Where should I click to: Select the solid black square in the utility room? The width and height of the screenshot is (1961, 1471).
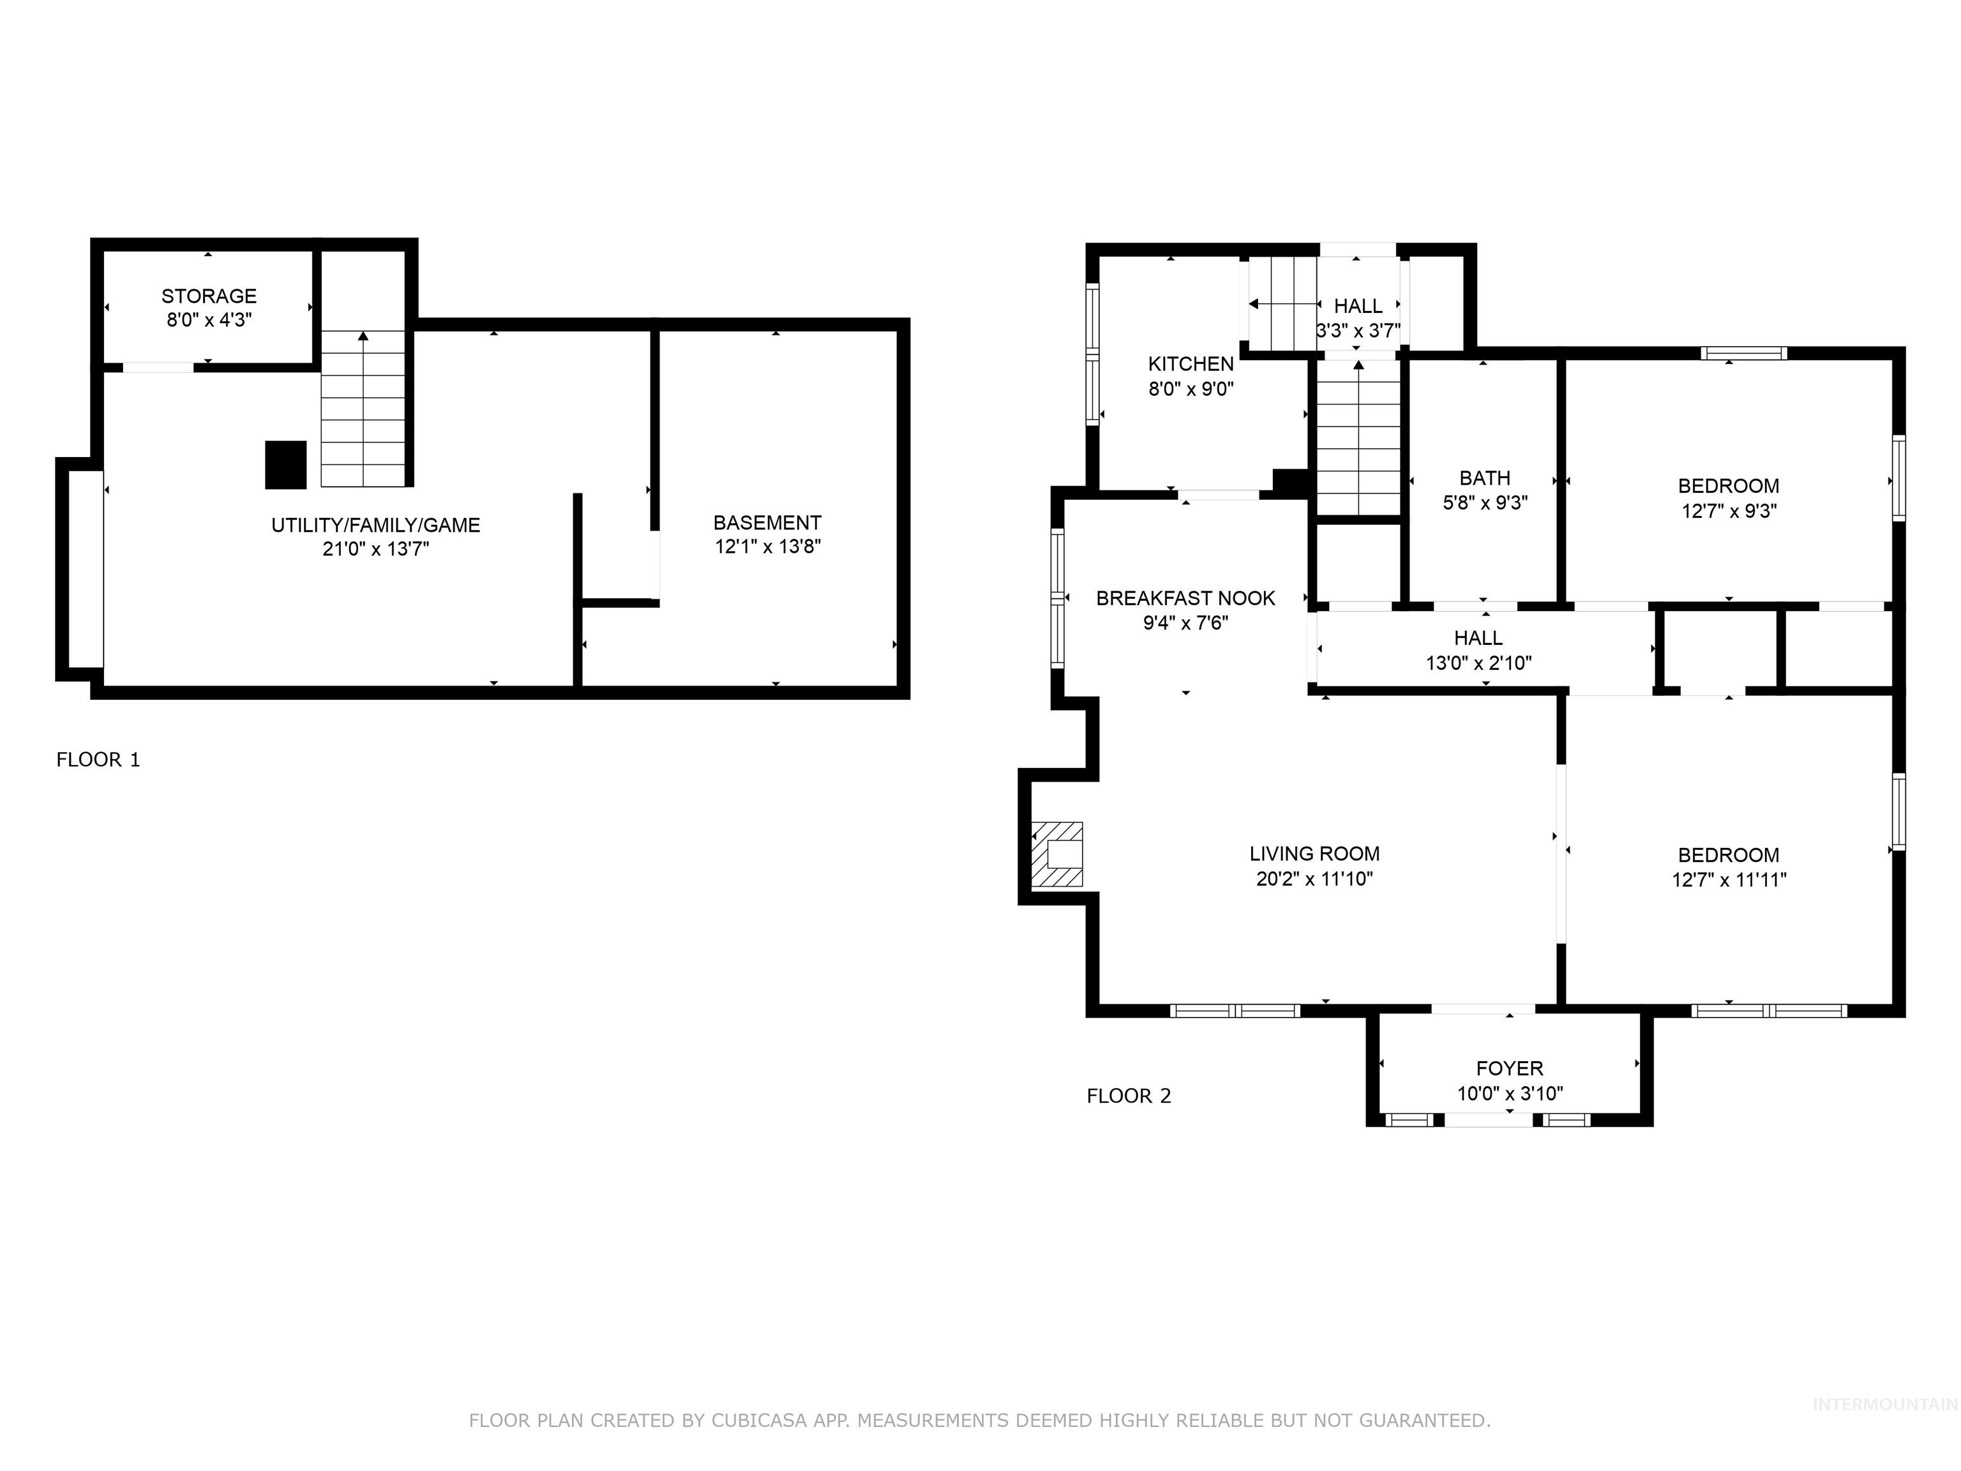[285, 465]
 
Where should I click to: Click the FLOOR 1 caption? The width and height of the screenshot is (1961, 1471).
[98, 760]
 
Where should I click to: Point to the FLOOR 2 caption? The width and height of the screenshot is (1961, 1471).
[1129, 1096]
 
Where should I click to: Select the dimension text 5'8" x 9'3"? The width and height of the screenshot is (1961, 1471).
[1485, 502]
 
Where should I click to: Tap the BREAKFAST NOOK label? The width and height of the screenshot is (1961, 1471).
[1185, 598]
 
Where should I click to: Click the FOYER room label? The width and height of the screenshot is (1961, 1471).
[1509, 1068]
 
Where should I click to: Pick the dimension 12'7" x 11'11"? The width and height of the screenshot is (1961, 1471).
[1729, 880]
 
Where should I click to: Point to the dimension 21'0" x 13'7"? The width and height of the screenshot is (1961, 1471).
[376, 549]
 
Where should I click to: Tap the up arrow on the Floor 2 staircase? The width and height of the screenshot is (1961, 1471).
[1358, 365]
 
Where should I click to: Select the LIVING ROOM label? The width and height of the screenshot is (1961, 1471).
[1314, 854]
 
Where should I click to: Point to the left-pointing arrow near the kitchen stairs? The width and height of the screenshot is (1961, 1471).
[1254, 304]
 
